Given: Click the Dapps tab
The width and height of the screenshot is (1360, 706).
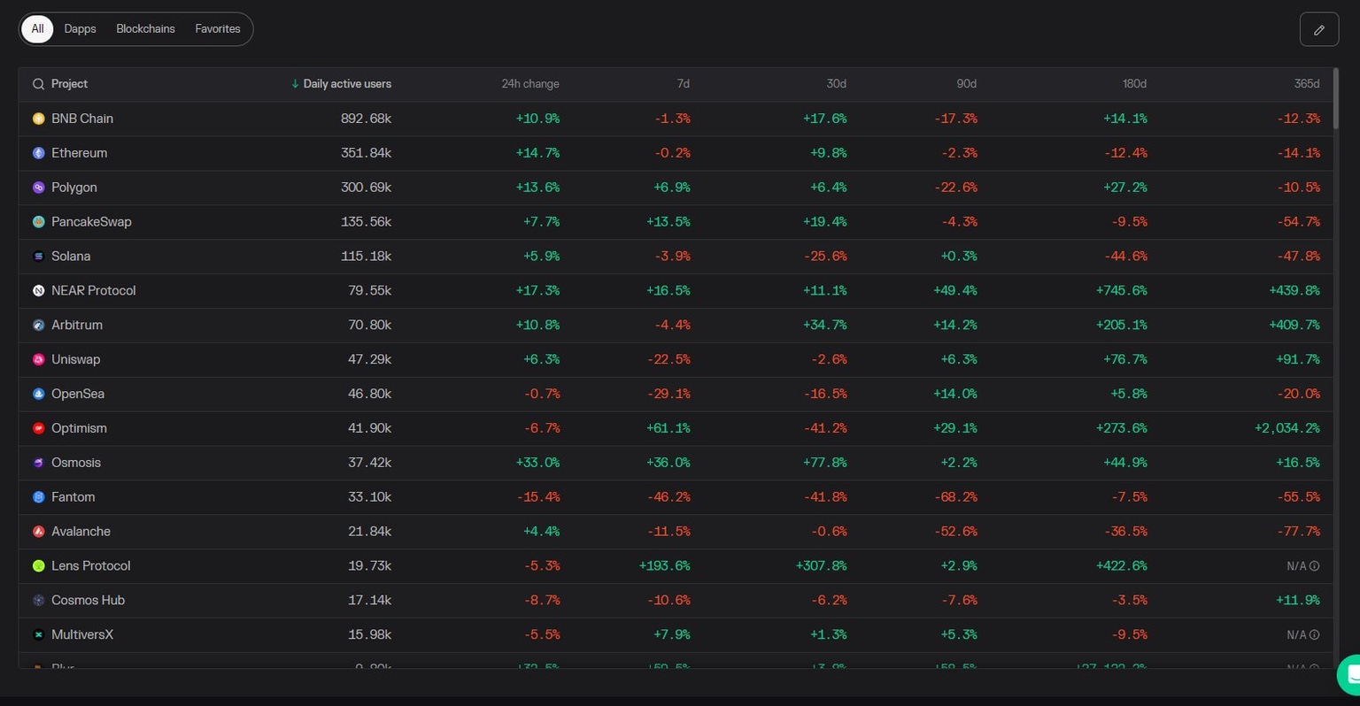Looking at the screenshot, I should [80, 29].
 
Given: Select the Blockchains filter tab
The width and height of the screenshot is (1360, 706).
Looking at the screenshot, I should [145, 29].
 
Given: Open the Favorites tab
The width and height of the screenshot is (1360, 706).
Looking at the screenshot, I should [218, 29].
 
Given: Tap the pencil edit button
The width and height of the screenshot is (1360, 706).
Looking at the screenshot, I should [1318, 30].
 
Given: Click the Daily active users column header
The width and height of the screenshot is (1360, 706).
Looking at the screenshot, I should [346, 84].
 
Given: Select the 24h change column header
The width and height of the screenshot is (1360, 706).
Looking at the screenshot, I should [529, 84].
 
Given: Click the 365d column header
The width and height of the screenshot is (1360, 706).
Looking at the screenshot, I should [1306, 84].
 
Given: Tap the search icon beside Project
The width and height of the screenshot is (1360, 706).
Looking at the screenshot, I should [38, 84].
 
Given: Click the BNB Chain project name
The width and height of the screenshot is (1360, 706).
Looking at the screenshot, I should [81, 119].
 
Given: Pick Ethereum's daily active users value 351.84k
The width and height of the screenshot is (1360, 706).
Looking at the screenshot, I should [366, 153].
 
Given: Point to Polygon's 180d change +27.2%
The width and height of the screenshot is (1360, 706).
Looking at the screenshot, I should [1124, 188].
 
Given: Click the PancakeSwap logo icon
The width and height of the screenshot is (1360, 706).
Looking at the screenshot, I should [38, 222].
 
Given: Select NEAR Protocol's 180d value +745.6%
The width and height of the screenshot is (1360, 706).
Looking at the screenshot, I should [1121, 291].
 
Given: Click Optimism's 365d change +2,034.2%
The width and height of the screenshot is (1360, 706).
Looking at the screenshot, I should [1287, 428].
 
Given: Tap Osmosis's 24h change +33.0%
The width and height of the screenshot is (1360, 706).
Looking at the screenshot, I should [537, 463].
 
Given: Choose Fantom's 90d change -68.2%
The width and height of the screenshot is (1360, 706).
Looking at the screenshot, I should [955, 497].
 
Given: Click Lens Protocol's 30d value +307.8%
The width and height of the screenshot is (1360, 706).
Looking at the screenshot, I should [821, 566].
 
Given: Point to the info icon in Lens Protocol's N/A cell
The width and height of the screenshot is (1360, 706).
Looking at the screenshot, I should [1314, 566].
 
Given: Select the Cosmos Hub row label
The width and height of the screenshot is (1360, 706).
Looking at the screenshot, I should [88, 601].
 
